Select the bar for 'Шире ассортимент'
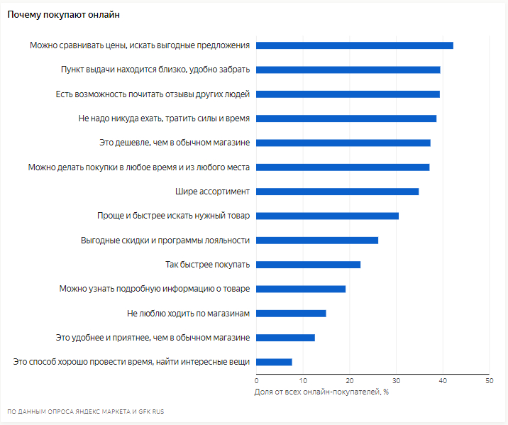tap(337, 192)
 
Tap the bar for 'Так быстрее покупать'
tap(308, 265)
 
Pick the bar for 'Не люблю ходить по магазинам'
tap(291, 313)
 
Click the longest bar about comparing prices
tap(354, 45)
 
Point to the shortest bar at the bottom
tap(274, 362)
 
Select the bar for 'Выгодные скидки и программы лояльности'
tap(316, 240)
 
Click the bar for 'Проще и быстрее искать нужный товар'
tap(327, 216)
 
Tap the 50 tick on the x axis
tap(489, 381)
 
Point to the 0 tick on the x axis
tap(257, 381)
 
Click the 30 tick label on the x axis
tap(396, 381)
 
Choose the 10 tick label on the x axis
tap(303, 381)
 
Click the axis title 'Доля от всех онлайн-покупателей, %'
tap(321, 391)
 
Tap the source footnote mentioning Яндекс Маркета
tap(85, 412)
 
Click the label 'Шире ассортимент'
tap(212, 192)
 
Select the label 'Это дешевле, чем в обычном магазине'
tap(175, 143)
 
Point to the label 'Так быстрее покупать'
tap(207, 265)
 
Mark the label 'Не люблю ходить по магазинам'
tap(188, 313)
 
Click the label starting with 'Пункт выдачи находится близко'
tap(155, 70)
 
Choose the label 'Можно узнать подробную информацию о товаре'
tap(154, 289)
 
